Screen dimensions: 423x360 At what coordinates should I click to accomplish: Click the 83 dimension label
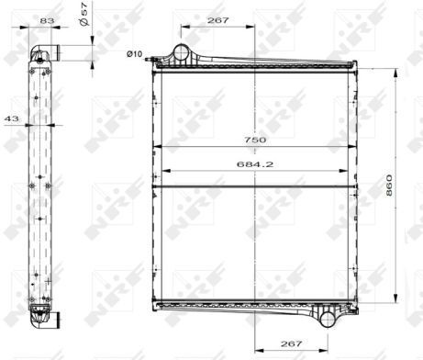47,20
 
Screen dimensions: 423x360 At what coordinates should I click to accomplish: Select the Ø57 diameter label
83,14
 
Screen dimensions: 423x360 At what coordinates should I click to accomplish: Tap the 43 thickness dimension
12,118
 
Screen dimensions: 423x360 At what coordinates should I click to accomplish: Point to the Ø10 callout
135,54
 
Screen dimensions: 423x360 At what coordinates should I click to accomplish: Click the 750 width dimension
255,140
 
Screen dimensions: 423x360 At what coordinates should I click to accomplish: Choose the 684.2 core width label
255,164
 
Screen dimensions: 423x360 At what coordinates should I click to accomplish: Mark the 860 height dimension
389,186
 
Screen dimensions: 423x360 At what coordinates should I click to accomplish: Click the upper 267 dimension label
217,20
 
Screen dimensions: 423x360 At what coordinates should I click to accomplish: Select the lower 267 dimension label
291,343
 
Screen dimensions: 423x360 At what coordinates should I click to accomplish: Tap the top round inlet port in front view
181,52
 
